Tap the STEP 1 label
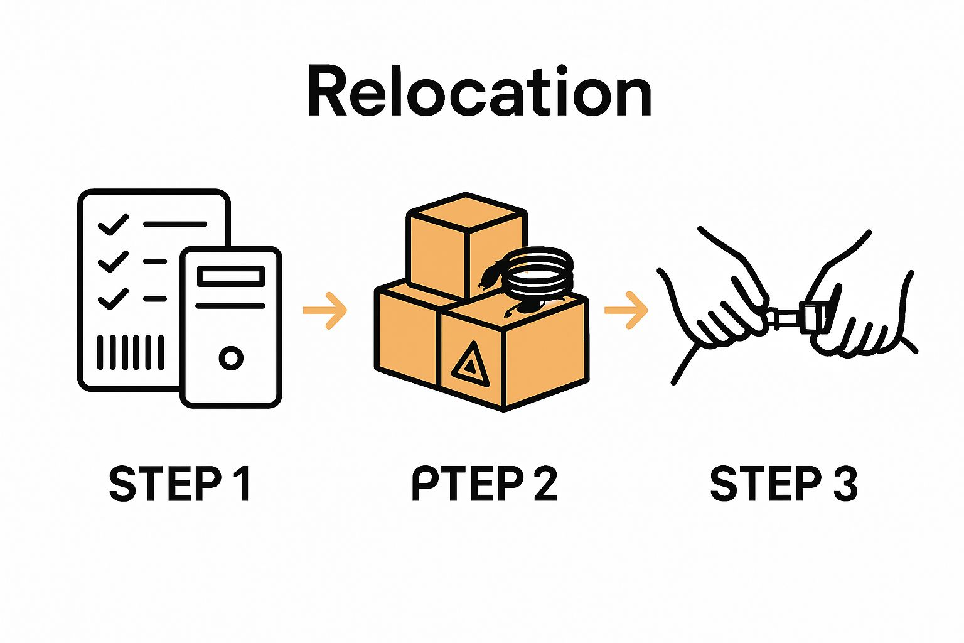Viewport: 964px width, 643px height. [179, 484]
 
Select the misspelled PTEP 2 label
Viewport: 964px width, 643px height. [484, 484]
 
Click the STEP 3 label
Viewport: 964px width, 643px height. [783, 484]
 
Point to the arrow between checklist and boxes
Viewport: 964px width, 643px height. [325, 310]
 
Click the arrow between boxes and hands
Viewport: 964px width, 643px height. [626, 310]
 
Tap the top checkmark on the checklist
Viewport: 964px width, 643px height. [114, 224]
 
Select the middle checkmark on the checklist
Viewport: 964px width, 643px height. [114, 261]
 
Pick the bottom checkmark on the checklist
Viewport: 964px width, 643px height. [114, 299]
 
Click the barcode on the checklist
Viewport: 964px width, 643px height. [131, 352]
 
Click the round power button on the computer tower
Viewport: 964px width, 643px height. [231, 358]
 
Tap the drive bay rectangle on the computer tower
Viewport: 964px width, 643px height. [230, 276]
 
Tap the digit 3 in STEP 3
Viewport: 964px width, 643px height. [845, 484]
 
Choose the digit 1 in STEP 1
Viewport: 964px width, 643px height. [241, 484]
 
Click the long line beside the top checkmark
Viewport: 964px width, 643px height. [174, 224]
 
